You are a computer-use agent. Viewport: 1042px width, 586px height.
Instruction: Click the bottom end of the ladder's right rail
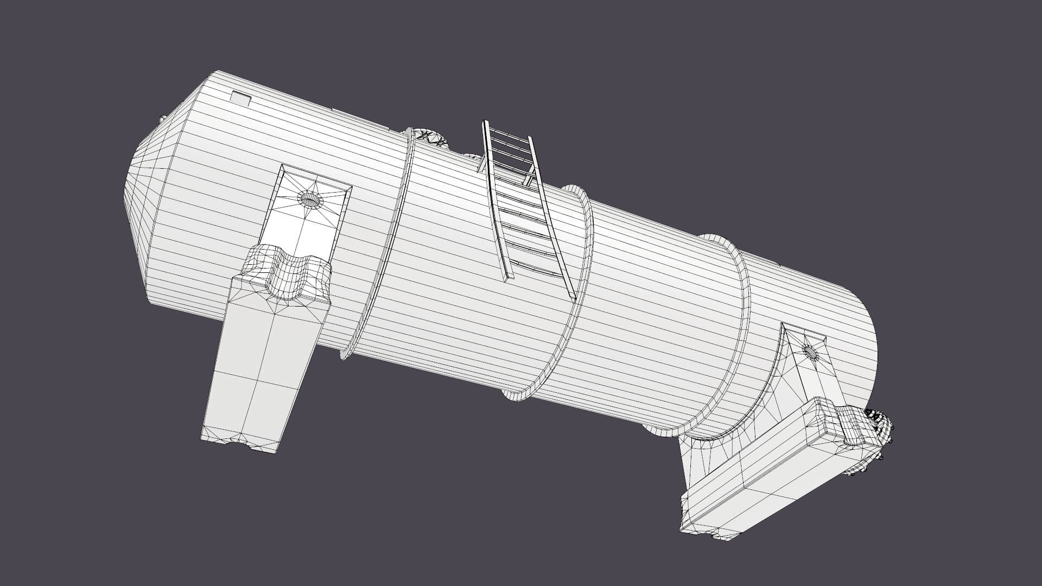click(572, 297)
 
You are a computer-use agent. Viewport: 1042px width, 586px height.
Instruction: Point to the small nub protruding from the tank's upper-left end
click(162, 118)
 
